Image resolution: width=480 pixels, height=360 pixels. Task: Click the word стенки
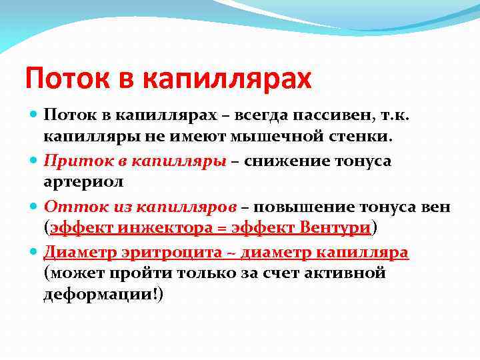(x=365, y=137)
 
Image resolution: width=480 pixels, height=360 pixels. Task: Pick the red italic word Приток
(x=74, y=161)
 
